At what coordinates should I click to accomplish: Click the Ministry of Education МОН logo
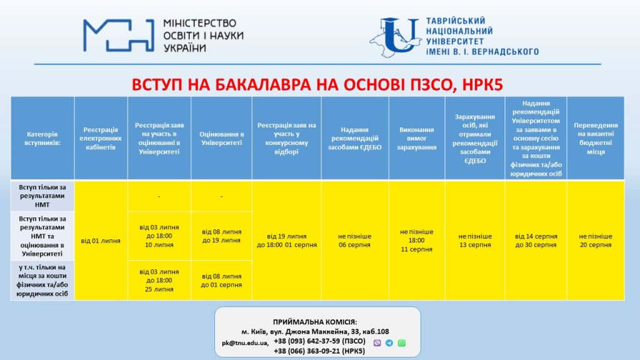(119, 36)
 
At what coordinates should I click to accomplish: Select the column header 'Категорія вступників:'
(42, 138)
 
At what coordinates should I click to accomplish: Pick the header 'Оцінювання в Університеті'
(221, 138)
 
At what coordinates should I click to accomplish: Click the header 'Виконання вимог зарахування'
(417, 138)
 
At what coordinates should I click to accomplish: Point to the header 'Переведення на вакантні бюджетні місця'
(595, 138)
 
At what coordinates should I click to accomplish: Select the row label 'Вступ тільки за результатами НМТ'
(42, 196)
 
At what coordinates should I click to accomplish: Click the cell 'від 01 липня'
(101, 241)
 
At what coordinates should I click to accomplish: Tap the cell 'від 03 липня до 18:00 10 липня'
(159, 236)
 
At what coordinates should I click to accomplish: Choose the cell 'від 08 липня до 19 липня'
(221, 236)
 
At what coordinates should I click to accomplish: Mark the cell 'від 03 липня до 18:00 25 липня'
(159, 280)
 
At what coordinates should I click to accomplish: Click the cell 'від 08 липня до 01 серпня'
(221, 281)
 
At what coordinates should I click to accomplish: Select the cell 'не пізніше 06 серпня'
(355, 241)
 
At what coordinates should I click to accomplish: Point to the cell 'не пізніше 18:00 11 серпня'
(417, 241)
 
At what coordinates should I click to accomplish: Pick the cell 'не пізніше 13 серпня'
(474, 241)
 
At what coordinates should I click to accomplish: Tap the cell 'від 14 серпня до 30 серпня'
(536, 241)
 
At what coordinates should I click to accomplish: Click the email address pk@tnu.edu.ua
(245, 343)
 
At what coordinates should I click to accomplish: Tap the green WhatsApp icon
(402, 342)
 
